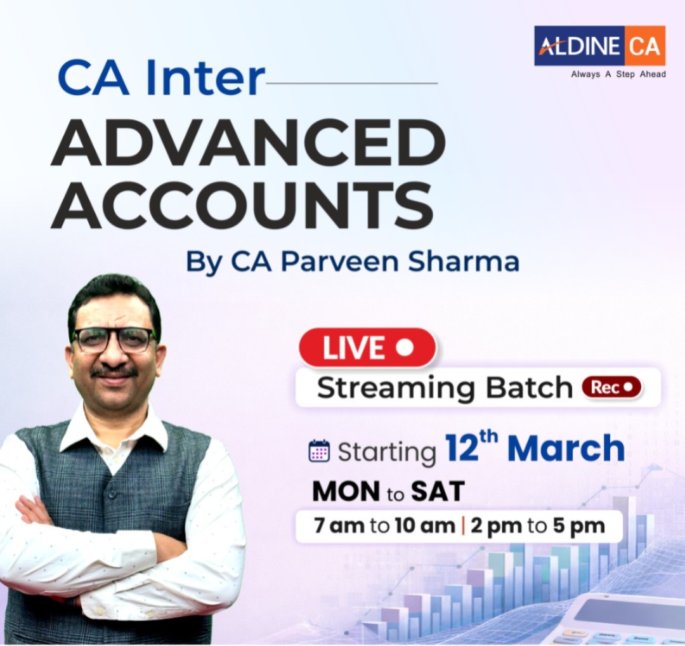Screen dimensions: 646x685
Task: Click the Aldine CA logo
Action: point(599,46)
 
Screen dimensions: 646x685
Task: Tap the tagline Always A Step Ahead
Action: point(618,74)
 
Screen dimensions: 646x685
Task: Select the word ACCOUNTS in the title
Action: point(242,205)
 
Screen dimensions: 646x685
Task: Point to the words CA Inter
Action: point(161,78)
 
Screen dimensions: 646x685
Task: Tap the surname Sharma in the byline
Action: point(466,261)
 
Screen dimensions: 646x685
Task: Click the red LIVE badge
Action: point(367,348)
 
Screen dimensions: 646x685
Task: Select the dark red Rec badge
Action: point(611,386)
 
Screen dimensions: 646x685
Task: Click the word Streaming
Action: point(388,388)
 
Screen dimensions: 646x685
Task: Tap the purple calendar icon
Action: point(318,451)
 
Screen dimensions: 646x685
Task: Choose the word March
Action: point(566,449)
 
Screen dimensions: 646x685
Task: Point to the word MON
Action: point(346,492)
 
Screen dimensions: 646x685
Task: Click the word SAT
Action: point(438,492)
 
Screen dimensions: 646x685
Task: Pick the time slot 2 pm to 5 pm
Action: point(537,526)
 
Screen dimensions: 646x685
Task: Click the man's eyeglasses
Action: point(115,339)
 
